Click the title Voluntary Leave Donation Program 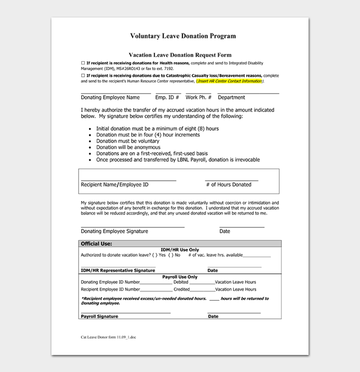coord(183,36)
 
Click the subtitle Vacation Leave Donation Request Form coord(179,55)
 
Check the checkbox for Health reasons coord(83,63)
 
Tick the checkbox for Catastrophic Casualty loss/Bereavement coord(83,76)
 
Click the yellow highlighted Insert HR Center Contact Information coord(229,81)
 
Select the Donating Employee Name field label coord(110,98)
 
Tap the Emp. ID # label coord(167,98)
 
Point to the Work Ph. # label coord(198,98)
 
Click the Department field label coord(231,98)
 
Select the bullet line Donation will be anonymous coord(128,147)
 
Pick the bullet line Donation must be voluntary coord(128,141)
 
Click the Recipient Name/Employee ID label coord(115,184)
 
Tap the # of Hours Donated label coord(228,184)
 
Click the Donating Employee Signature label coord(114,231)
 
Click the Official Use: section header coord(97,244)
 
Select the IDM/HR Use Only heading coord(179,249)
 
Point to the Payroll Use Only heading coord(179,277)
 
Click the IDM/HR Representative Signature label coord(118,270)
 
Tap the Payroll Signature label coord(99,317)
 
